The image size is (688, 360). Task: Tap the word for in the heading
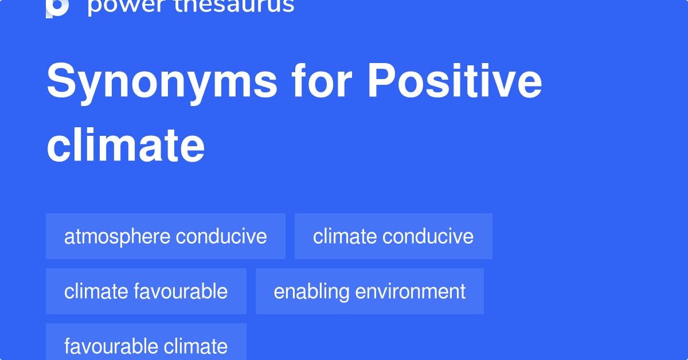323,82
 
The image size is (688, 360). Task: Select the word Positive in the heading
454,82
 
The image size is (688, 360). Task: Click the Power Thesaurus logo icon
57,7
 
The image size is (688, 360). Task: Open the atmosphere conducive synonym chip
166,236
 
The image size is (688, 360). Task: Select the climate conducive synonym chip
393,236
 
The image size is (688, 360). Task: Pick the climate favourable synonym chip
146,291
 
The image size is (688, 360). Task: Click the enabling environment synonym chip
370,291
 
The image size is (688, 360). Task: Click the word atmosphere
117,236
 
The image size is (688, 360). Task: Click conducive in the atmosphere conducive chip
221,236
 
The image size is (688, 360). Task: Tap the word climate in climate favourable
96,291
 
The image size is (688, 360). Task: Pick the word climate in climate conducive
345,236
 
